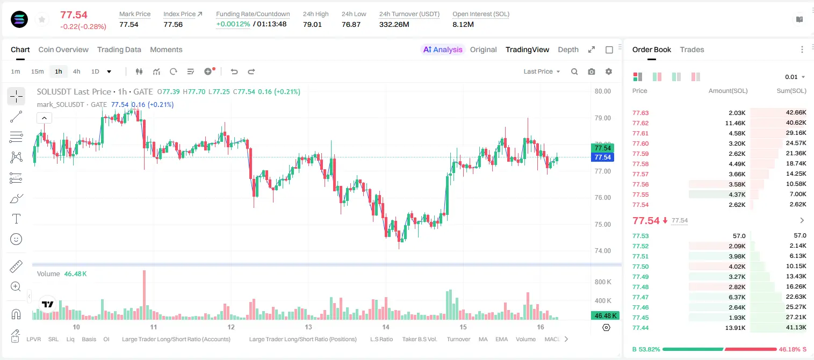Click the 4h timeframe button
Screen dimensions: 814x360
point(76,71)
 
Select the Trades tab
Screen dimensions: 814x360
point(692,49)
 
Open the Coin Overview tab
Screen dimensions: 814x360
point(63,49)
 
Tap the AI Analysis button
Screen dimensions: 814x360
point(443,49)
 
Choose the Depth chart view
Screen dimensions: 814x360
point(568,49)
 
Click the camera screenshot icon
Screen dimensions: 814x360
point(592,71)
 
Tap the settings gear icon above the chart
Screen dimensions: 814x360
point(609,71)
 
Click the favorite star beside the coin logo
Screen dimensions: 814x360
point(42,20)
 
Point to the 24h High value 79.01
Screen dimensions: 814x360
point(312,24)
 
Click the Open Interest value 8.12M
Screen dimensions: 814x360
point(463,24)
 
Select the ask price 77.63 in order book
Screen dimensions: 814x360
point(640,113)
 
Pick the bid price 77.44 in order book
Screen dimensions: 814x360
point(640,328)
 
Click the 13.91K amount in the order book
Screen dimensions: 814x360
point(735,328)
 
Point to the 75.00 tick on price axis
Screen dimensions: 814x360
point(602,224)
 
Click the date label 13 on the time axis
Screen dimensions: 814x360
point(308,327)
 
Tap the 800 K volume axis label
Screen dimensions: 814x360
point(603,282)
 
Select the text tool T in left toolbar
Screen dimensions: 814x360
point(16,219)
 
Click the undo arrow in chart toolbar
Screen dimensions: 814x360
point(234,71)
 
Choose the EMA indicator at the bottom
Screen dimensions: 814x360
point(501,339)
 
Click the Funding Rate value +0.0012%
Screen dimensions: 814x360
point(233,24)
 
